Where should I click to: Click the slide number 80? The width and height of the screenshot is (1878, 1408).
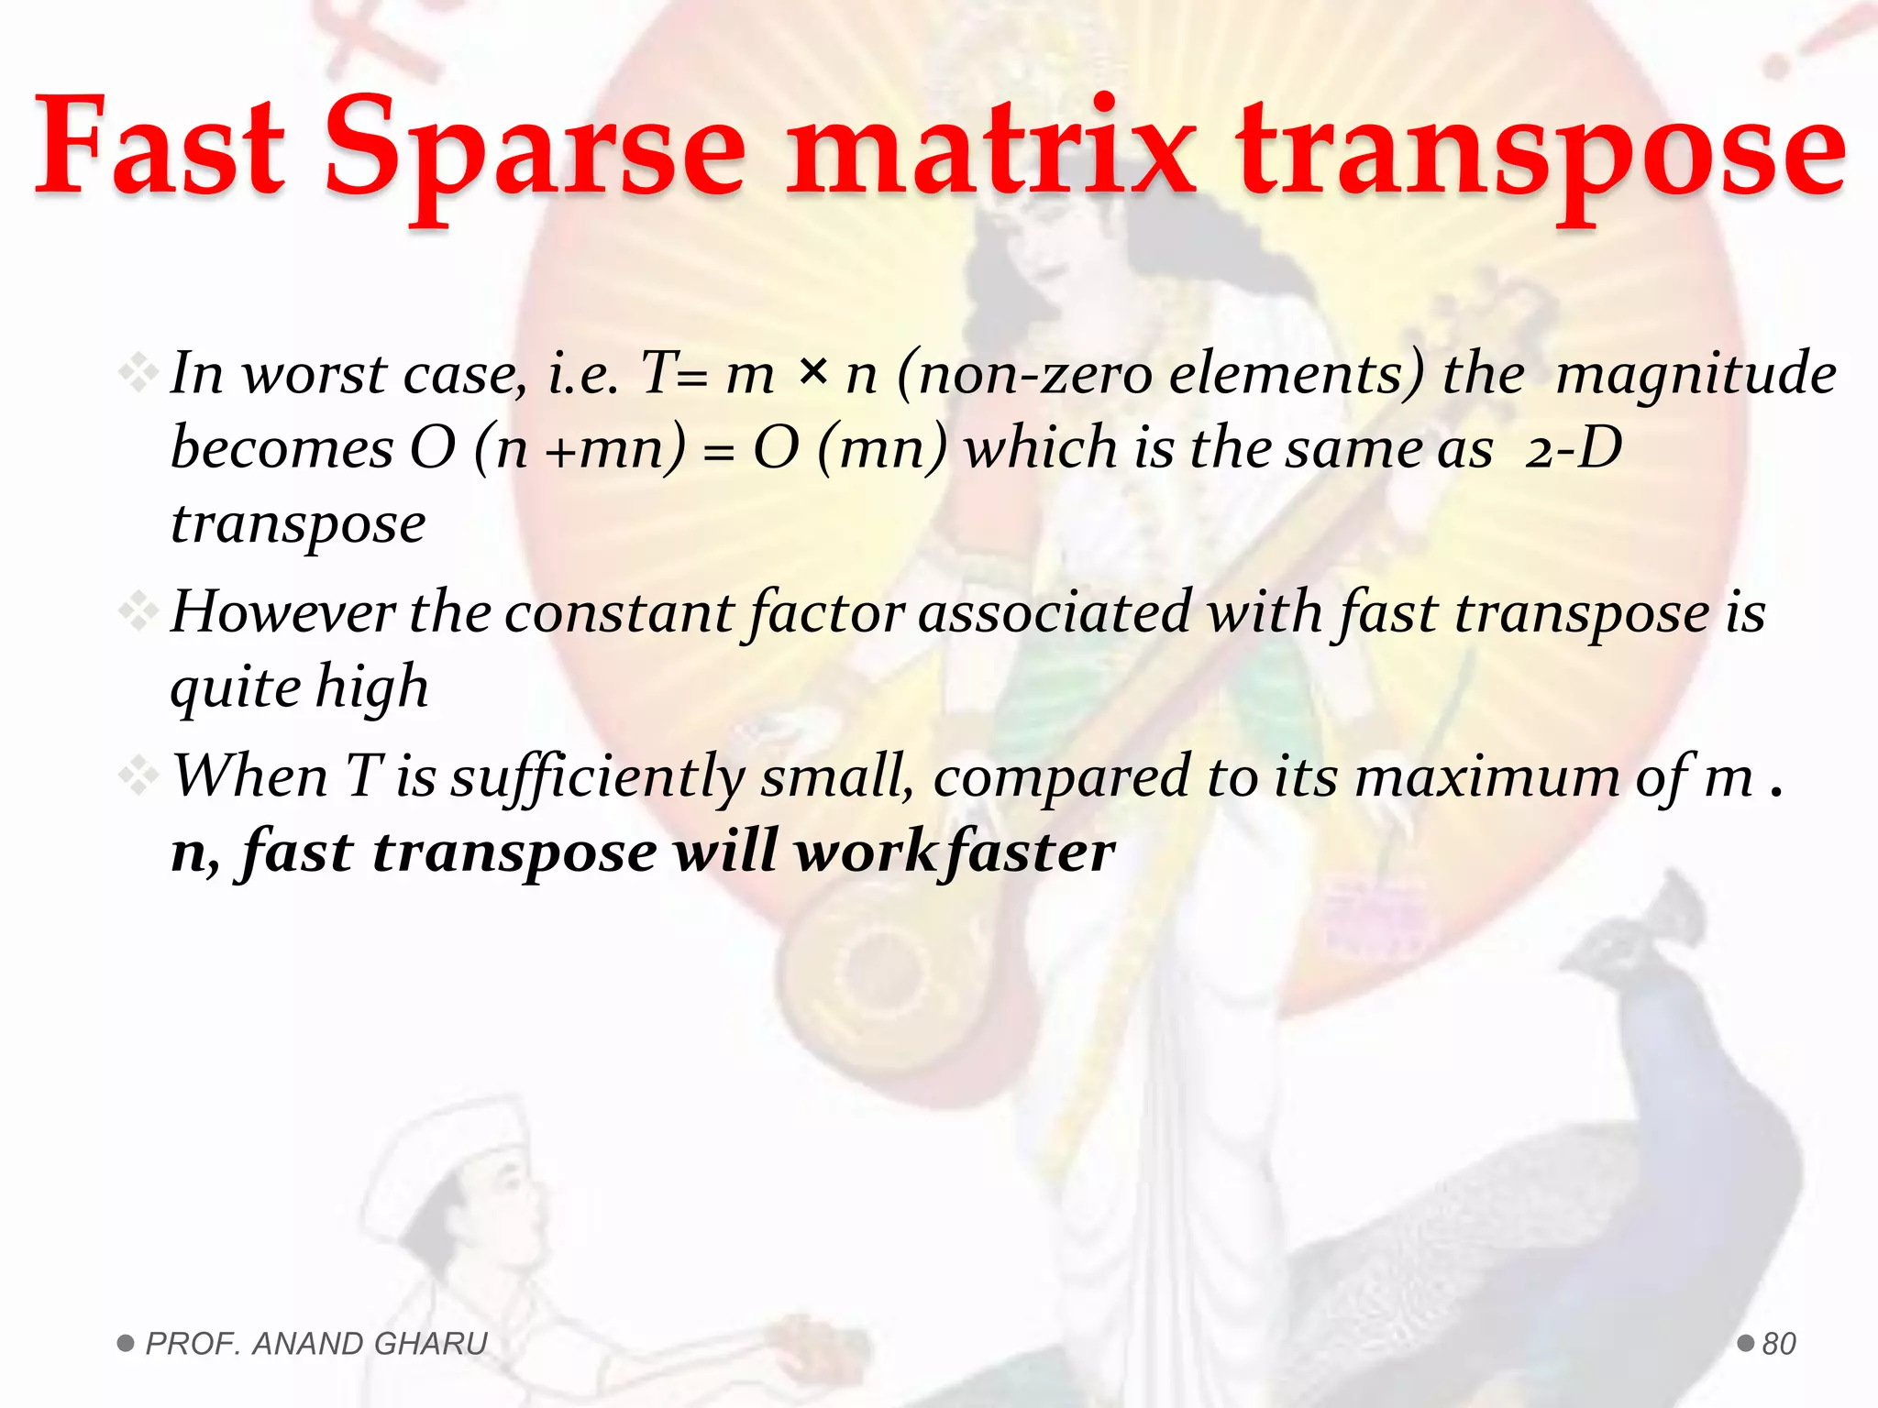(x=1779, y=1344)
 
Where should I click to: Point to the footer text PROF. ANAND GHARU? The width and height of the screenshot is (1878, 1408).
(x=316, y=1344)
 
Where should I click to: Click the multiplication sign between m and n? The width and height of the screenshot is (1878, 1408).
(x=812, y=370)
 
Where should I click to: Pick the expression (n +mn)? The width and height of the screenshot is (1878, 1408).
(x=580, y=449)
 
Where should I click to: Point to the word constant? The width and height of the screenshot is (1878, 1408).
(x=619, y=612)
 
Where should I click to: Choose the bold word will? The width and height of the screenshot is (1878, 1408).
(x=725, y=852)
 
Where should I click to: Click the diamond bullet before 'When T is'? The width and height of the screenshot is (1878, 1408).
(x=138, y=775)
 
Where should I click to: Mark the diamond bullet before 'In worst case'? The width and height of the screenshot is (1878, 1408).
(x=138, y=373)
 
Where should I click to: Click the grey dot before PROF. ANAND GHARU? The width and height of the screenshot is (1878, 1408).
(x=126, y=1344)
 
